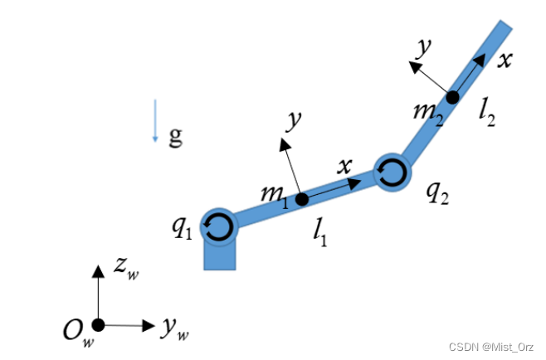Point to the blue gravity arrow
pos(155,121)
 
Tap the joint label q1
pos(183,226)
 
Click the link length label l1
pos(320,235)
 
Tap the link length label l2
pos(488,113)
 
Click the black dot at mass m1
pos(302,199)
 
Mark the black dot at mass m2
pos(452,97)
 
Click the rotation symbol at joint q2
pos(391,173)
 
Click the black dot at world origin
pos(98,324)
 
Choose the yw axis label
pos(175,329)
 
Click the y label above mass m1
pos(293,122)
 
